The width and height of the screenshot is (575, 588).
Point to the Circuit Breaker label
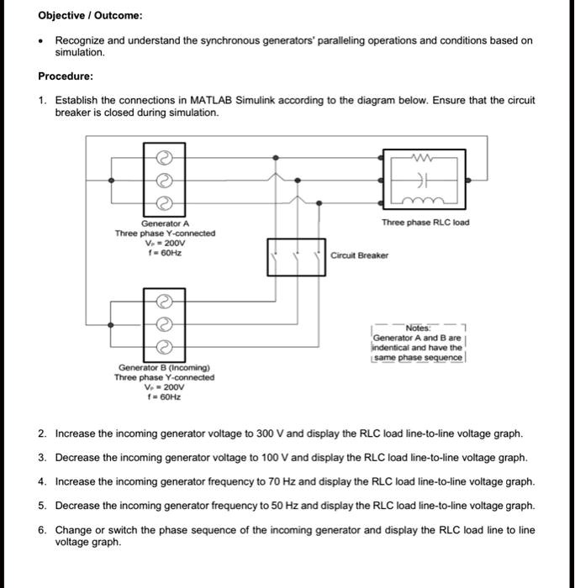pos(360,255)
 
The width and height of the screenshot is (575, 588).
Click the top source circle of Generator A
pos(166,157)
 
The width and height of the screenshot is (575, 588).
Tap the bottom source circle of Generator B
pos(166,345)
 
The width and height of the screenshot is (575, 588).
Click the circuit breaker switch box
pos(297,257)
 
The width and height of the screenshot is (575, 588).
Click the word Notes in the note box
pos(418,328)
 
